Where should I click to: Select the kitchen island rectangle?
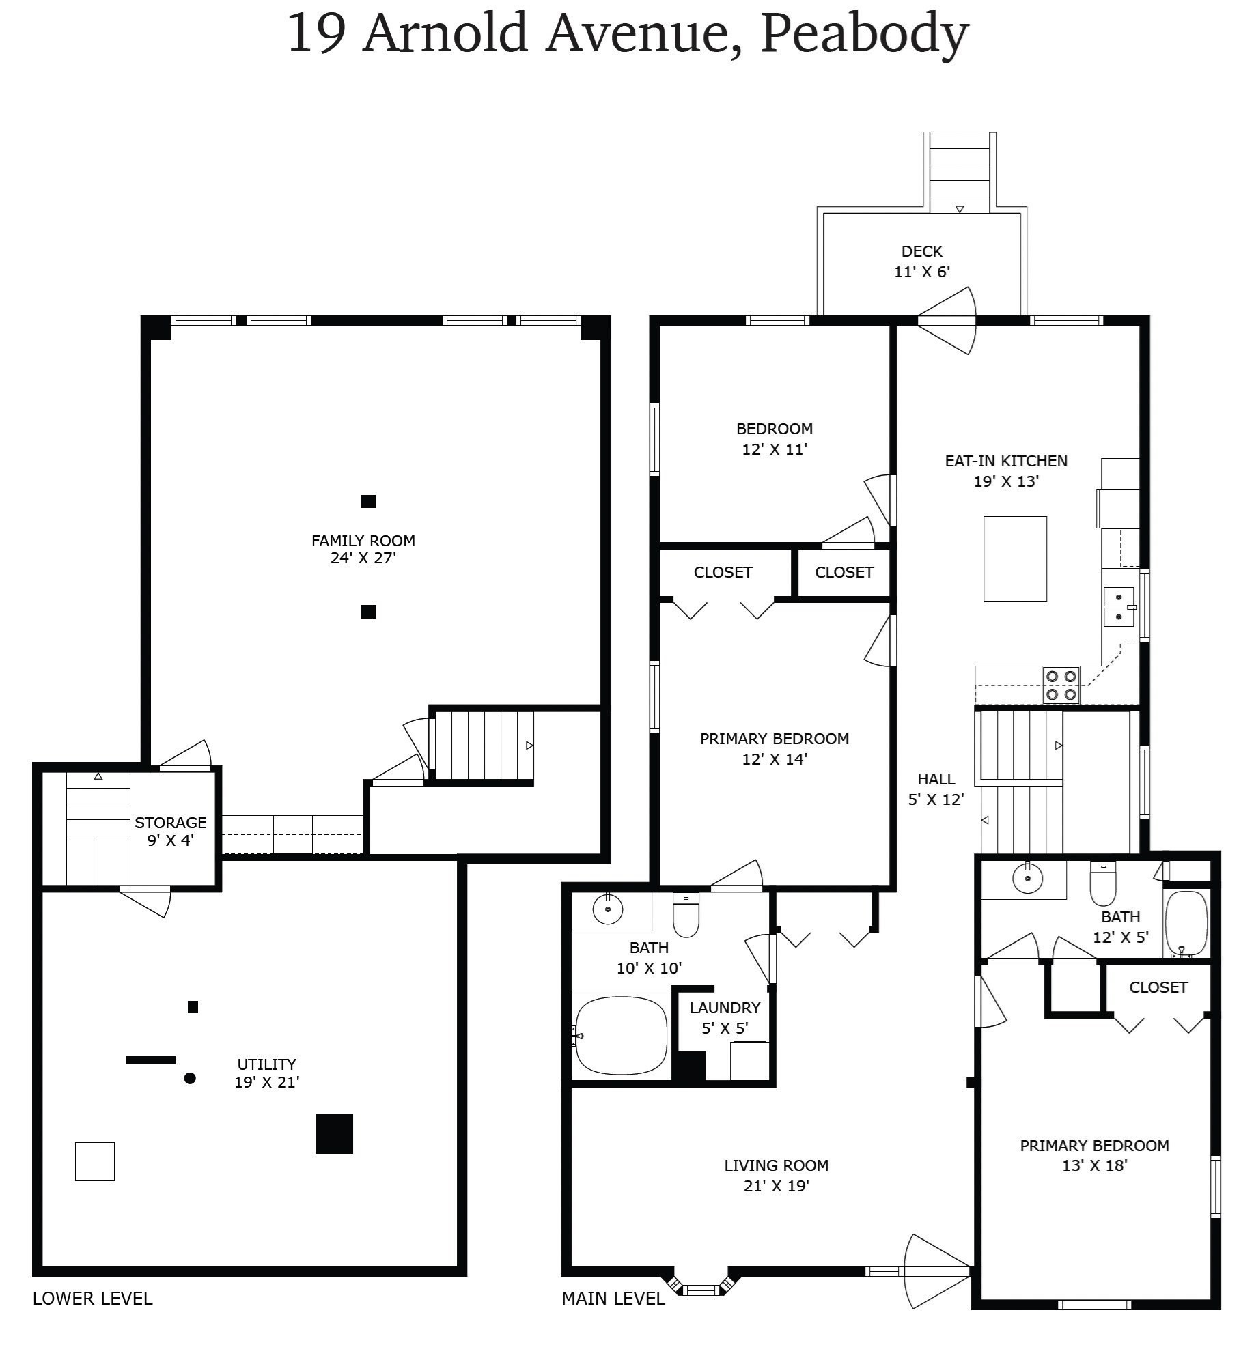tap(1014, 558)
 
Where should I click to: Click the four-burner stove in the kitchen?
tap(1061, 685)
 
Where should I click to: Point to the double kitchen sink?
tap(1118, 606)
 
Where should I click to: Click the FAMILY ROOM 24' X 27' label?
tap(363, 549)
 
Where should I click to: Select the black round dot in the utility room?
tap(191, 1078)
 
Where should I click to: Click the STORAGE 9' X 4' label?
tap(170, 831)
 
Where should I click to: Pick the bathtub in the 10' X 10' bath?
tap(621, 1036)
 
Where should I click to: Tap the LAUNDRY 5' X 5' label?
tap(725, 1017)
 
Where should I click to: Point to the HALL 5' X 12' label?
tap(936, 789)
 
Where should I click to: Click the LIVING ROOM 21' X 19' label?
tap(776, 1175)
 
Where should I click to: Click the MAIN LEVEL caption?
tap(613, 1299)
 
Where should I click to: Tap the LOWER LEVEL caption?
tap(92, 1299)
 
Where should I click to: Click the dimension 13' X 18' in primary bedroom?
tap(1094, 1166)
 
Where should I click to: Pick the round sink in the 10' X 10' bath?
tap(607, 909)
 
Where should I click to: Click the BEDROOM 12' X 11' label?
tap(775, 438)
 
